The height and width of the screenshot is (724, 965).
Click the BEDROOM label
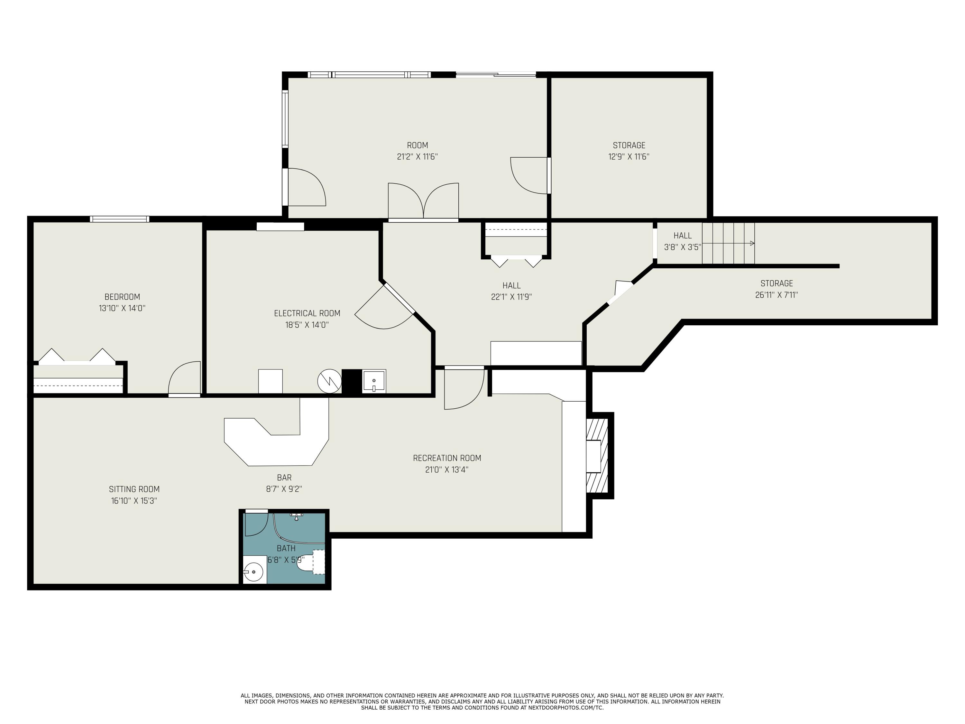(122, 297)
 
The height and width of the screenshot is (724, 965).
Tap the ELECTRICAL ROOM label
(307, 313)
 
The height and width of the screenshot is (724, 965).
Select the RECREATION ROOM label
(447, 458)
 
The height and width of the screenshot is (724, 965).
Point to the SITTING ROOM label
(134, 489)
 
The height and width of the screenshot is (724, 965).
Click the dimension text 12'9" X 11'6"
(629, 157)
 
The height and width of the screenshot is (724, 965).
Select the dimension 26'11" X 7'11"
(777, 294)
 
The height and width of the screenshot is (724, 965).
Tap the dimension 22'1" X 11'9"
(511, 297)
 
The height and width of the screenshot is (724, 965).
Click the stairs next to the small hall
(728, 243)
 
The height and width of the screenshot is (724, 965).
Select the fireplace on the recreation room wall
(597, 456)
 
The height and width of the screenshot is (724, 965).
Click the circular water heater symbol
(329, 381)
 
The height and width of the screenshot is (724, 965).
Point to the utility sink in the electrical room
(374, 381)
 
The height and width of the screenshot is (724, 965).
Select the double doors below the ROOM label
(423, 201)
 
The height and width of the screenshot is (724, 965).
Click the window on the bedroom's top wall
(120, 219)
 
